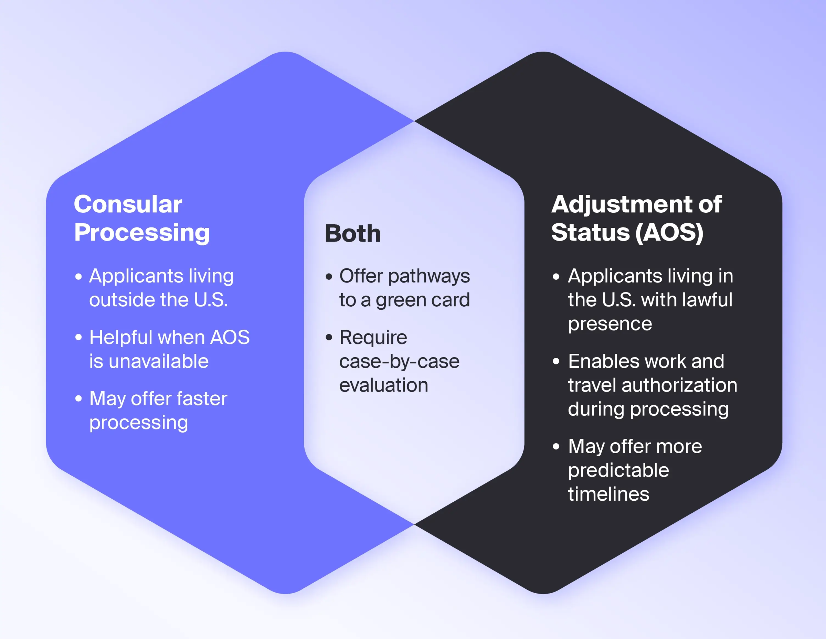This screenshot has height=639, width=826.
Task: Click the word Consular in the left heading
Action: click(x=128, y=204)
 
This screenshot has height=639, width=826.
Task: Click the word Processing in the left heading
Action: click(x=142, y=233)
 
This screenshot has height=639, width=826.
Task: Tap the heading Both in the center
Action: click(x=352, y=234)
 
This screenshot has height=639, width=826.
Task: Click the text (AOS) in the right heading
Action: click(x=669, y=233)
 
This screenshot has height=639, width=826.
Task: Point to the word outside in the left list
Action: click(x=121, y=300)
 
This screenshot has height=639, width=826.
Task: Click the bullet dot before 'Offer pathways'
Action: click(x=329, y=277)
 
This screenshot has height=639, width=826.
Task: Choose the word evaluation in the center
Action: click(x=383, y=385)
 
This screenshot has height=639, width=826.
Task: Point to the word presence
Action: click(x=610, y=324)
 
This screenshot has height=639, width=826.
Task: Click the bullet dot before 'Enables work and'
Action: click(x=555, y=361)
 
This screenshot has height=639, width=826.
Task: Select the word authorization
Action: click(x=679, y=385)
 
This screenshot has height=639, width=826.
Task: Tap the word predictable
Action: click(x=618, y=470)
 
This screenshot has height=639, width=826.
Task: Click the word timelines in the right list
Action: click(x=608, y=494)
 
